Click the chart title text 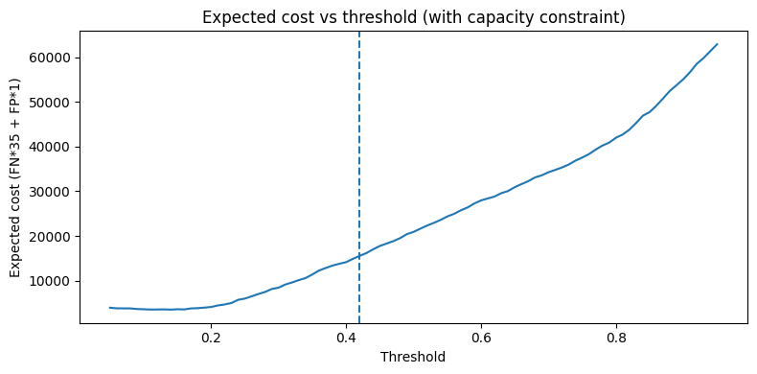pos(414,17)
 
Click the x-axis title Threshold pos(413,357)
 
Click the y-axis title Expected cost pos(15,177)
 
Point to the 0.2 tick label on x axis pos(211,337)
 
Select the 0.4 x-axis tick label pos(346,337)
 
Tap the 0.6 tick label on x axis pos(481,337)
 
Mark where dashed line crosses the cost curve pos(359,256)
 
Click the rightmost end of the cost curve pos(718,44)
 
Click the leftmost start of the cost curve pos(110,307)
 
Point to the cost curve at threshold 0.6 pos(481,199)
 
